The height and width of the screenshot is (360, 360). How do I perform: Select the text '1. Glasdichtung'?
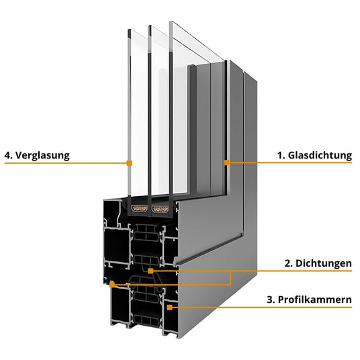coord(314,155)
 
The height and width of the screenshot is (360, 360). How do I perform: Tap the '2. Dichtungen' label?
coord(318,264)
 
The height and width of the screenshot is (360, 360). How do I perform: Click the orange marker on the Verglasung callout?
coord(129,163)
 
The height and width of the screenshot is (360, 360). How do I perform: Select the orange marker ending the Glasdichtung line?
coord(227,163)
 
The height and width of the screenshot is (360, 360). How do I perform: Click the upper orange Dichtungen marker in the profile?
coord(151,271)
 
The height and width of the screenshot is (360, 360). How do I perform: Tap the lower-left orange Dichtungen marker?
coord(111,284)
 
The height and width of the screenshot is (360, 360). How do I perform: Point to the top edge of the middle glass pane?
coord(149,26)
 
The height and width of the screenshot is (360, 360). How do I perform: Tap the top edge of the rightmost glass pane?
coord(171,24)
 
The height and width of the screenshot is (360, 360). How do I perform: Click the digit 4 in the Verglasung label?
coord(7,155)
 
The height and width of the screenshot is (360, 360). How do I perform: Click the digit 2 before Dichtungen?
coord(288,264)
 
